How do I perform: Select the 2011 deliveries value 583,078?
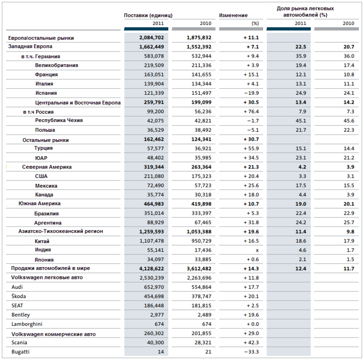[154, 56]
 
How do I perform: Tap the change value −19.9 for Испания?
[251, 93]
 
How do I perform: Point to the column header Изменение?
[234, 15]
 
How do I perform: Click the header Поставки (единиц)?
[148, 15]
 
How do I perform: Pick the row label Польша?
[45, 130]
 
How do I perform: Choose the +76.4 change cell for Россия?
[251, 112]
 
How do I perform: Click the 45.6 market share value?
[348, 121]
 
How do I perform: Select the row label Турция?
[44, 148]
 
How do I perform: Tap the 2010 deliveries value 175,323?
[201, 176]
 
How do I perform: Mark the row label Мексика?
[46, 186]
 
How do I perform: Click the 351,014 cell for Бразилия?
[154, 213]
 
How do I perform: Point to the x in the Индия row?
[257, 250]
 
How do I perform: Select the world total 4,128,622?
[151, 269]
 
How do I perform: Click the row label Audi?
[17, 287]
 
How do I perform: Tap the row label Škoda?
[18, 296]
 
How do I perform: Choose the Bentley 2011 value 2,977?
[157, 315]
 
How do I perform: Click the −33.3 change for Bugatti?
[251, 352]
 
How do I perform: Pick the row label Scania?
[19, 343]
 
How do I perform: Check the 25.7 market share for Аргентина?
[348, 223]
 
